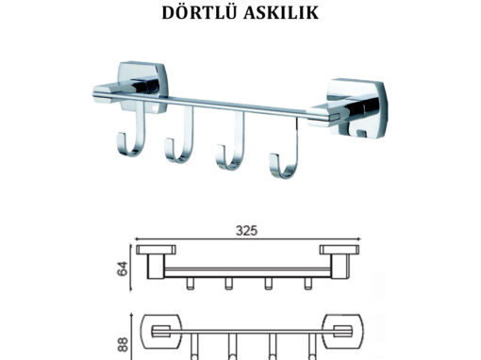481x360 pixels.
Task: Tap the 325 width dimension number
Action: coord(247,231)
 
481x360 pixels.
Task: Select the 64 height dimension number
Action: coord(123,268)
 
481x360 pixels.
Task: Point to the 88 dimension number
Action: coord(123,344)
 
